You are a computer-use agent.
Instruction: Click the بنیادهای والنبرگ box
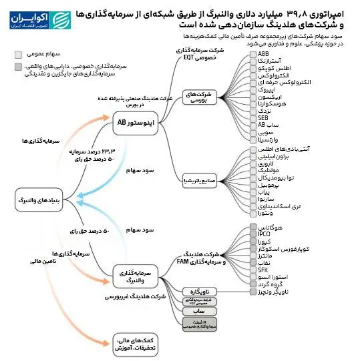[x=43, y=199]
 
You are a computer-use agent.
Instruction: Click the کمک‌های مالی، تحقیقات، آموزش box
[x=132, y=342]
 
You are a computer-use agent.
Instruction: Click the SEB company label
[x=264, y=118]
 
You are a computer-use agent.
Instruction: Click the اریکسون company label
[x=273, y=97]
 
